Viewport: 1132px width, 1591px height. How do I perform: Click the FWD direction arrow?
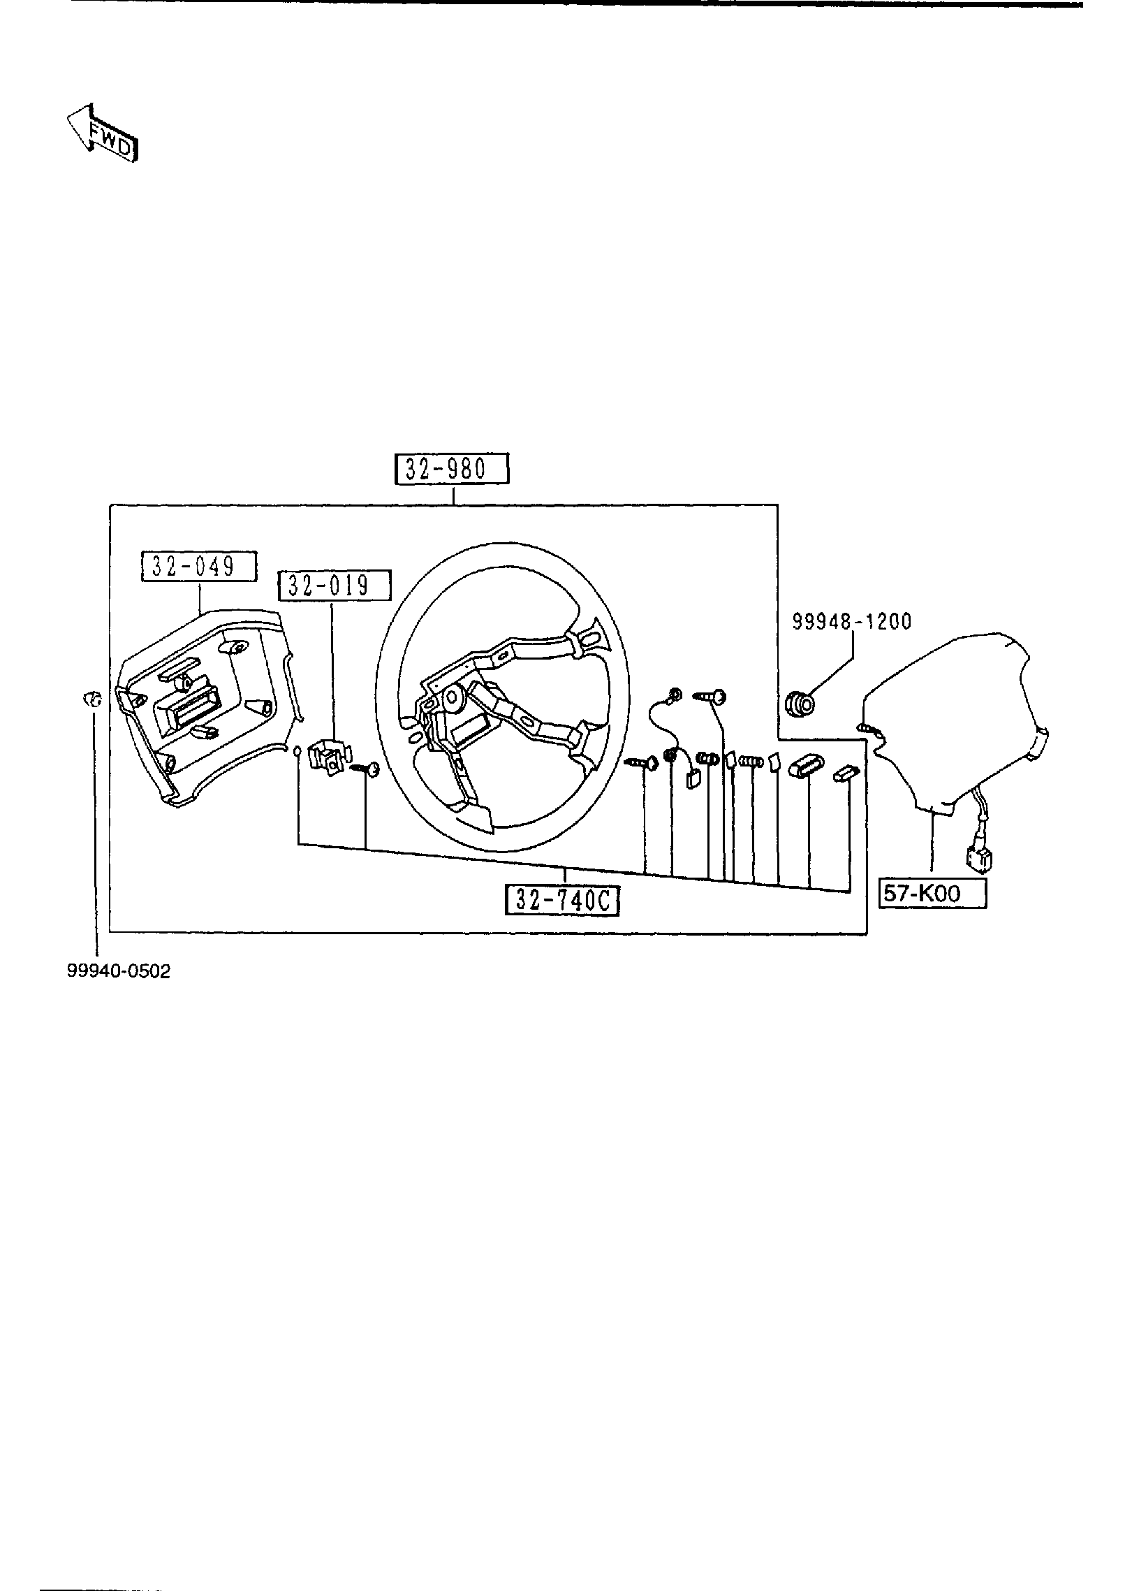(x=103, y=133)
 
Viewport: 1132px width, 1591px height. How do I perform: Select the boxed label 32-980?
(x=452, y=469)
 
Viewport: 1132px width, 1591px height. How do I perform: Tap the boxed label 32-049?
(x=199, y=566)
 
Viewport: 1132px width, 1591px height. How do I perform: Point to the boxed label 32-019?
(x=335, y=586)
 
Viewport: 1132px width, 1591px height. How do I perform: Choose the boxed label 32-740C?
(x=563, y=900)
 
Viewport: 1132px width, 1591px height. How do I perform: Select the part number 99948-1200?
(x=851, y=621)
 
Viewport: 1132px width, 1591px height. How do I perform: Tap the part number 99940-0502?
(x=118, y=972)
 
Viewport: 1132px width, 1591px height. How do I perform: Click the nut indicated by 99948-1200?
(x=800, y=703)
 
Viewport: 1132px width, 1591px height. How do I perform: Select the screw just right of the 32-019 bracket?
(x=367, y=769)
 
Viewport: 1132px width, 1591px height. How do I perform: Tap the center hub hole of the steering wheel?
(x=455, y=697)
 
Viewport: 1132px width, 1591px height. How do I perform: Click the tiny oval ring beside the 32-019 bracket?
(x=297, y=751)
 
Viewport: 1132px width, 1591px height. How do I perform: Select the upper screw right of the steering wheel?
(x=711, y=696)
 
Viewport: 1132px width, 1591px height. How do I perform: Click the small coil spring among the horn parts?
(x=751, y=762)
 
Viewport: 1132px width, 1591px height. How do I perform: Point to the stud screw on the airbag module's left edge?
(x=869, y=728)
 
